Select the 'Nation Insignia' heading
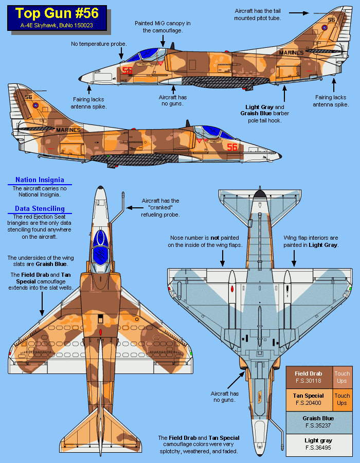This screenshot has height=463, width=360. click(x=40, y=180)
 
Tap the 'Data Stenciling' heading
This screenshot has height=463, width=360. click(x=40, y=209)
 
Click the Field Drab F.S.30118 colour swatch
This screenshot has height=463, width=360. click(x=309, y=377)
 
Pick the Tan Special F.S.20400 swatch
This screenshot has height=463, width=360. click(x=309, y=399)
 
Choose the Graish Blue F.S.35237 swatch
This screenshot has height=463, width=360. click(x=318, y=421)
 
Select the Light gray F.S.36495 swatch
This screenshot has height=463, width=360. click(x=318, y=443)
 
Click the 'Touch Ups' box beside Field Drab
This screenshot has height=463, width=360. click(x=342, y=377)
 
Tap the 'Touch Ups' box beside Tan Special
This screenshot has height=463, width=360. click(x=342, y=399)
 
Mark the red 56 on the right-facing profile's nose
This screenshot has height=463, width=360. click(x=232, y=147)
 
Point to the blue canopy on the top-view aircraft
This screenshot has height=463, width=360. click(x=101, y=247)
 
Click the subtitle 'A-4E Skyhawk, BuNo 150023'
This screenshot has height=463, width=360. click(x=57, y=25)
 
